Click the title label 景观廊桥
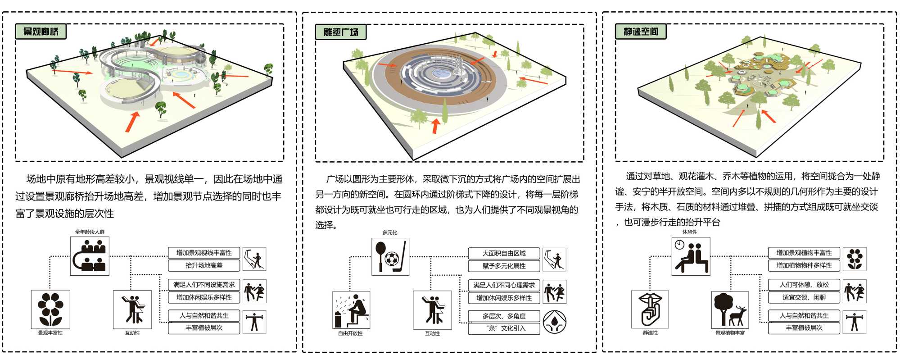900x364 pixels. [41, 32]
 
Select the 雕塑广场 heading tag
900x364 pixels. [341, 32]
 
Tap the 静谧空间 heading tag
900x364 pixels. [641, 32]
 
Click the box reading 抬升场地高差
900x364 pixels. [204, 265]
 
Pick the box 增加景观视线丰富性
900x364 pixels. [204, 253]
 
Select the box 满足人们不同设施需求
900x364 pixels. [204, 285]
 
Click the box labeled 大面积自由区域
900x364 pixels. [504, 253]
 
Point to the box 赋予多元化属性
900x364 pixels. [504, 266]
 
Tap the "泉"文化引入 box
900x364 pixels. [504, 328]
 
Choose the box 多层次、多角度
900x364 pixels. [504, 316]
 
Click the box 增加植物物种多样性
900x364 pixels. [804, 265]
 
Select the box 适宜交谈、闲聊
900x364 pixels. [804, 297]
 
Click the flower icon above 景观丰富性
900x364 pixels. [50, 309]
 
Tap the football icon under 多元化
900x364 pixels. [390, 257]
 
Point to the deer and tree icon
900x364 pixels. [730, 309]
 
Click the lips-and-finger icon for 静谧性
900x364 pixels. [650, 309]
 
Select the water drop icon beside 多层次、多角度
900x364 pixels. [554, 322]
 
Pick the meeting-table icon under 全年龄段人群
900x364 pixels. [90, 256]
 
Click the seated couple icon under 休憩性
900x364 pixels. [691, 256]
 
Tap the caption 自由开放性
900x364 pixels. [350, 333]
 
